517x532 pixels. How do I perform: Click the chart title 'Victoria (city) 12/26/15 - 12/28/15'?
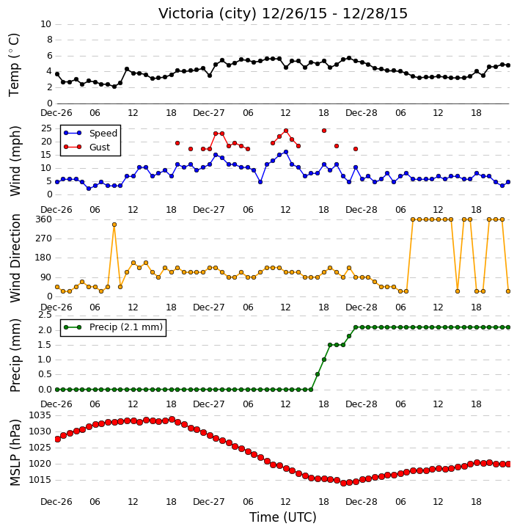tap(283, 14)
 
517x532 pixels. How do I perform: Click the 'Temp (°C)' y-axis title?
tap(14, 65)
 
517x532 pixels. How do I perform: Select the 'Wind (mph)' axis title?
tap(15, 161)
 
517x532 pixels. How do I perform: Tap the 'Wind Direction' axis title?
tap(15, 258)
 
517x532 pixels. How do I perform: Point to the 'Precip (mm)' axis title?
tap(15, 356)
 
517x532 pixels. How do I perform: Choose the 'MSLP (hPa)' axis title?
tap(15, 453)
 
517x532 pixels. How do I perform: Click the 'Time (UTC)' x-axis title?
tap(283, 517)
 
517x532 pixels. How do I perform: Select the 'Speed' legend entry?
tap(103, 134)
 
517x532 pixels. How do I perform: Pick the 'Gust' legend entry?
tap(100, 147)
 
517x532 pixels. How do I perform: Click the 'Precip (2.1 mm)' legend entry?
tap(126, 327)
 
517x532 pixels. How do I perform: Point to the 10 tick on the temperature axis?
tap(45, 24)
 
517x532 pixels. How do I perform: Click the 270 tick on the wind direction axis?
tap(44, 238)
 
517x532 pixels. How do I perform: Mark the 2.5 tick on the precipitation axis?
tap(45, 316)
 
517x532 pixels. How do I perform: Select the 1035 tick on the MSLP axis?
tap(40, 415)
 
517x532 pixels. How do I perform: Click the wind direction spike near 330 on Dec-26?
tap(114, 225)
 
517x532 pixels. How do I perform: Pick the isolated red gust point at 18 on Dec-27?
tap(323, 131)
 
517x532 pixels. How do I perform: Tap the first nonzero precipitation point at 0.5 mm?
tap(318, 374)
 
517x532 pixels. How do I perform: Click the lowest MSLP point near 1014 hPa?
tap(343, 483)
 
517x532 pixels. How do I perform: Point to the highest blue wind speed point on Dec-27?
tap(286, 152)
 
